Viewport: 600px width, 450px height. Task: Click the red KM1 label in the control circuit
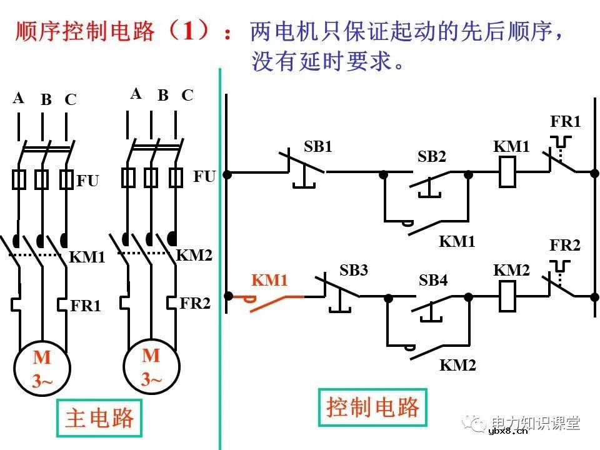269,281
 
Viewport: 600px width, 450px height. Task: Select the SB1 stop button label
318,147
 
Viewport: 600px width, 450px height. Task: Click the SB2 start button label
432,157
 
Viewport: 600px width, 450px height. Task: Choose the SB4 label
433,281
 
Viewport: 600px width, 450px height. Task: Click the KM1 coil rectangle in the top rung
507,172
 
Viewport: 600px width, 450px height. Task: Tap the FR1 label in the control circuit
565,121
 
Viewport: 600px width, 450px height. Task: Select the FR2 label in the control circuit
565,246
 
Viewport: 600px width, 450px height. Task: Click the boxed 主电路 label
99,417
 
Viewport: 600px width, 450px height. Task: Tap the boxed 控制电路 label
372,407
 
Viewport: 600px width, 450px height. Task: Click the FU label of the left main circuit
87,181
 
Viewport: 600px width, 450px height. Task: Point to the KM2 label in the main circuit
194,255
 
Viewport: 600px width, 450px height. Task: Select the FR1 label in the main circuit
86,306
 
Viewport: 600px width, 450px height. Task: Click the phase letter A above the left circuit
18,98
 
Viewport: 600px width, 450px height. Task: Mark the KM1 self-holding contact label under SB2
457,241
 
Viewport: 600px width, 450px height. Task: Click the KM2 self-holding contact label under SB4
457,365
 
